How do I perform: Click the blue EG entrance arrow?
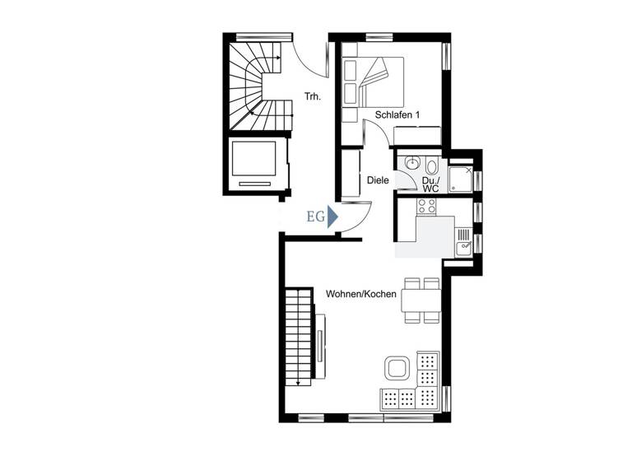(332, 217)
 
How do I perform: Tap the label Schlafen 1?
(397, 115)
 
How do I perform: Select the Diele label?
(378, 179)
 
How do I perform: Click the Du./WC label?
(430, 184)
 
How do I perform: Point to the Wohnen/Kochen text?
(361, 294)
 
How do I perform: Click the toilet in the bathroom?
(432, 165)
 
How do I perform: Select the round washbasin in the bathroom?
(413, 162)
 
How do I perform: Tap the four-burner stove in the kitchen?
(426, 206)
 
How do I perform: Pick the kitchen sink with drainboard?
(465, 240)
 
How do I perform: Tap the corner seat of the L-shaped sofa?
(428, 398)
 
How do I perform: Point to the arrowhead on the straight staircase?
(296, 383)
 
